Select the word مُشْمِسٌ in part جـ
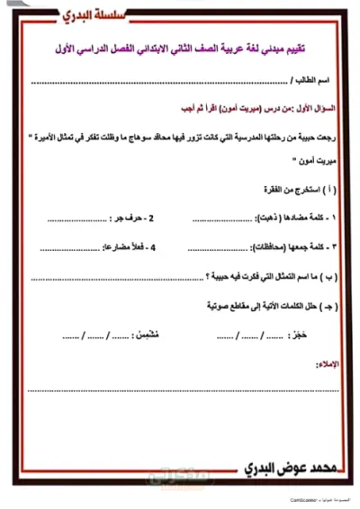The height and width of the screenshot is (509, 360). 155,338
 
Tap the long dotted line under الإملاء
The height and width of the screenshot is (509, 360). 180,390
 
